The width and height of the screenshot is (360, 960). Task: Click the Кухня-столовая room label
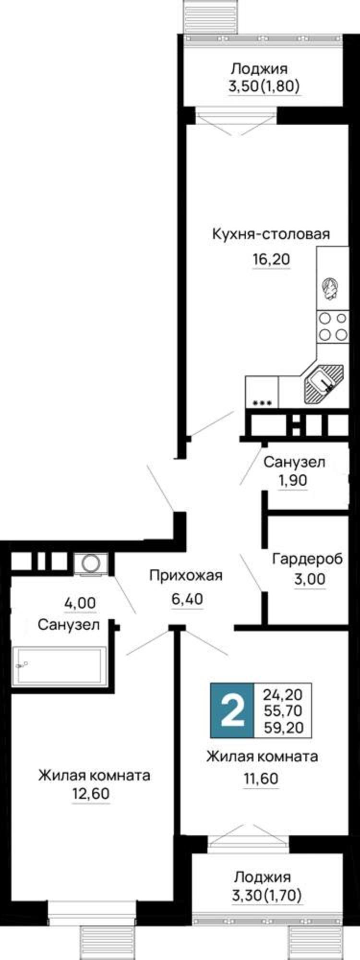[271, 234]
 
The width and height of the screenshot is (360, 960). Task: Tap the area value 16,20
[271, 260]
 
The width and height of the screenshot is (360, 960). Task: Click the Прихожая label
[186, 575]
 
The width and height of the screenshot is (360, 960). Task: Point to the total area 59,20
[283, 728]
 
